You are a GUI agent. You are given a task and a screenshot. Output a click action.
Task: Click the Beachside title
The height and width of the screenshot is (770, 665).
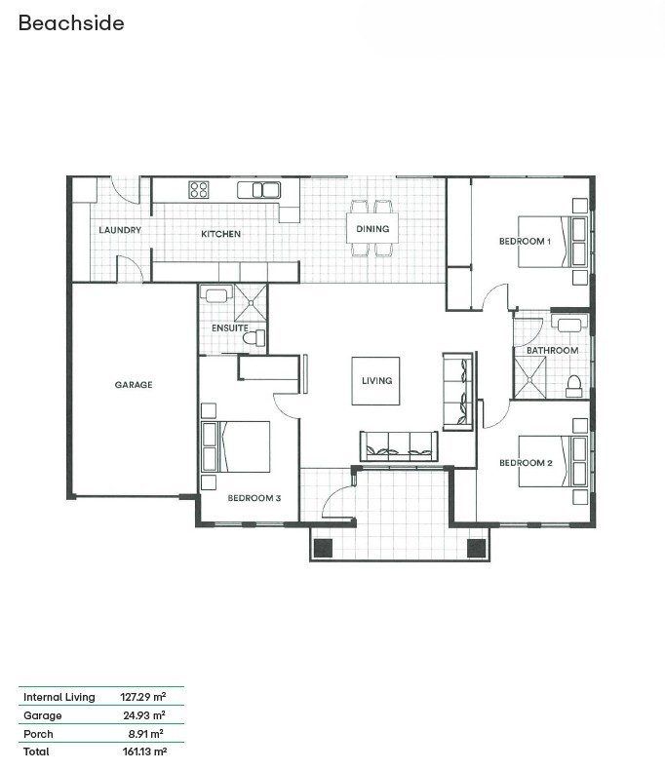tap(71, 23)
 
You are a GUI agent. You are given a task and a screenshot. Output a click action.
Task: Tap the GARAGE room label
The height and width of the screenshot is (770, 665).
tap(134, 384)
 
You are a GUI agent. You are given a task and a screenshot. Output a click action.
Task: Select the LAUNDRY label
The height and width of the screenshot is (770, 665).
tap(120, 230)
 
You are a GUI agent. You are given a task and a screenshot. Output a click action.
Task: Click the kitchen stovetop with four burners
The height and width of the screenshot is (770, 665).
tap(199, 189)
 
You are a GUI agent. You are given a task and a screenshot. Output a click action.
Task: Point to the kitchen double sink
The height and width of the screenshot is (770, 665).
tap(259, 190)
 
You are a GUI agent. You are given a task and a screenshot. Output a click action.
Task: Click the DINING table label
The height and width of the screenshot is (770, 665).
tap(372, 229)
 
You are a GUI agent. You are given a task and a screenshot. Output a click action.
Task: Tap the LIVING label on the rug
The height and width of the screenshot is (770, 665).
tap(376, 380)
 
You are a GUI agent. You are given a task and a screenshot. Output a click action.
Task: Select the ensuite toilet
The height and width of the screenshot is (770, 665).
tap(254, 338)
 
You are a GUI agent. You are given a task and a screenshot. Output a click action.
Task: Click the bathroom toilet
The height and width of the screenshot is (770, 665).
tap(573, 387)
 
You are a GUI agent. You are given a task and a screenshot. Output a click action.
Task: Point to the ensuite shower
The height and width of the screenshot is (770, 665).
tap(251, 302)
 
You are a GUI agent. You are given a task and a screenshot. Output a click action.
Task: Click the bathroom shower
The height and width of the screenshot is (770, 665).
tap(529, 377)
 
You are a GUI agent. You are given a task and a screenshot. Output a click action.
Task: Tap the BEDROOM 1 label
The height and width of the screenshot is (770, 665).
tap(525, 241)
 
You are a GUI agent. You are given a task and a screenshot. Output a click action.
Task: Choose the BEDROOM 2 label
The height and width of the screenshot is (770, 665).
tap(526, 463)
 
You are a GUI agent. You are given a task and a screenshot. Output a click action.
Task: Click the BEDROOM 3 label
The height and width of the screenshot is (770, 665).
tap(254, 498)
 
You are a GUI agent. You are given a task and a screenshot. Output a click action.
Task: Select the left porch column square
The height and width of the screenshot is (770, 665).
tap(324, 548)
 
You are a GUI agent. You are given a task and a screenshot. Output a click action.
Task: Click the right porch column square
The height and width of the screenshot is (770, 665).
tap(476, 548)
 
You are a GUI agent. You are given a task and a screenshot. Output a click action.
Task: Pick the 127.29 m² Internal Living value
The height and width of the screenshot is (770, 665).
tap(143, 696)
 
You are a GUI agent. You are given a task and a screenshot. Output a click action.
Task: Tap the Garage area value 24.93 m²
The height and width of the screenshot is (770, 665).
tap(144, 715)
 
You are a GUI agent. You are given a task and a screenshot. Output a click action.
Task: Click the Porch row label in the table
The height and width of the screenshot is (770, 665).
tap(38, 734)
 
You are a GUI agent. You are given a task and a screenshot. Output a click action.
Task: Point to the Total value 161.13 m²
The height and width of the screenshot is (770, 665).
tap(144, 751)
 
